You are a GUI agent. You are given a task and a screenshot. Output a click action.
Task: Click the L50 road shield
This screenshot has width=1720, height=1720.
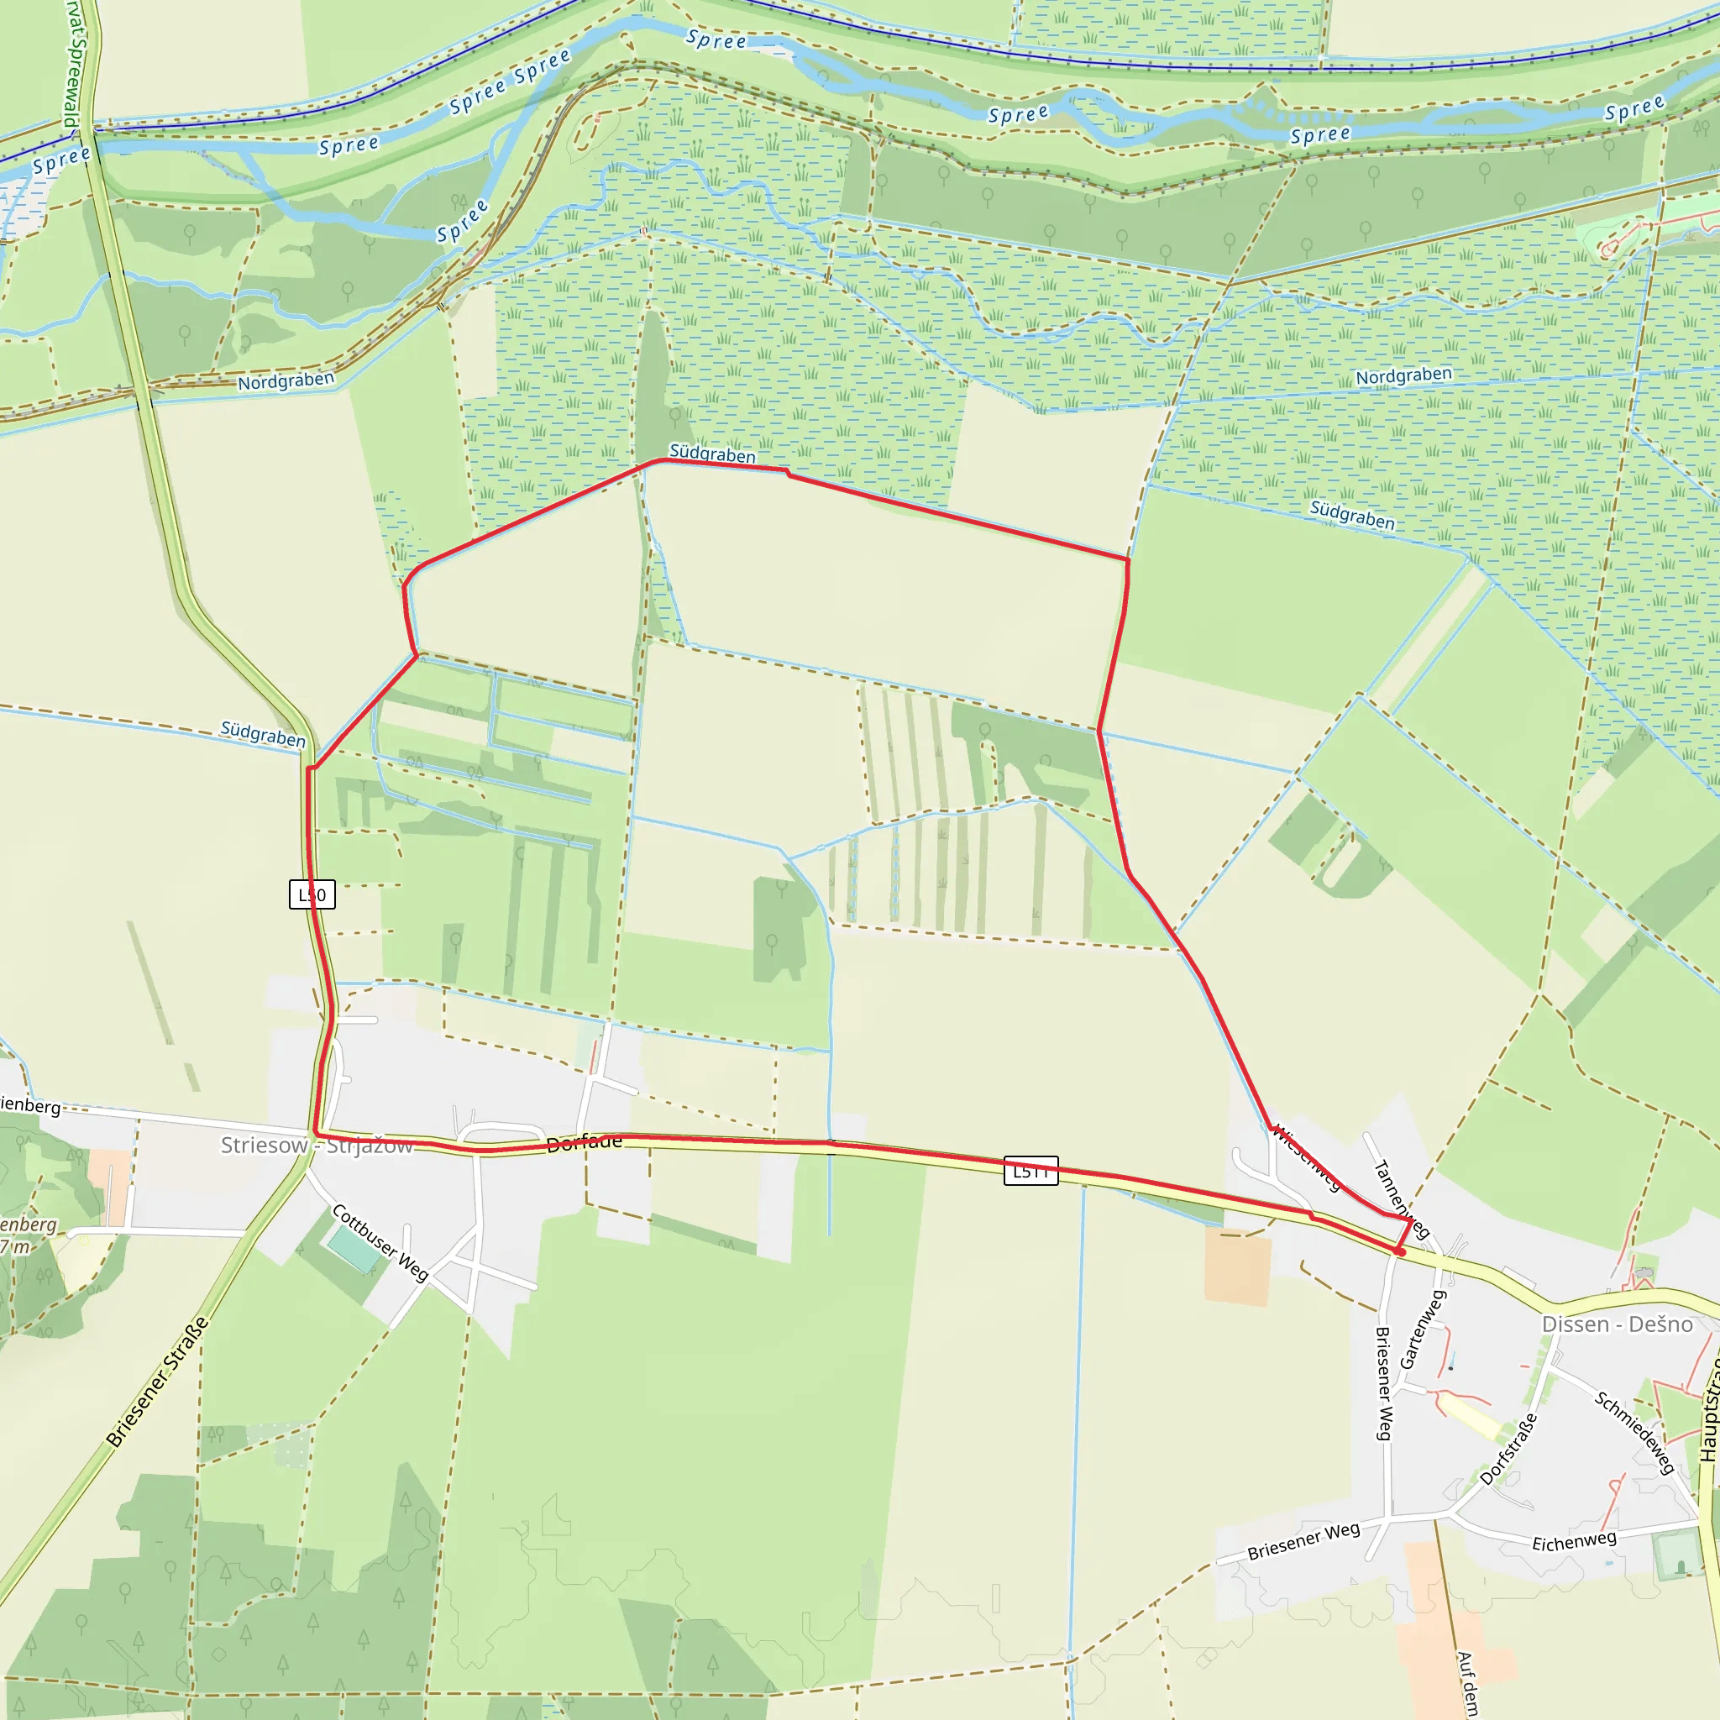(x=312, y=894)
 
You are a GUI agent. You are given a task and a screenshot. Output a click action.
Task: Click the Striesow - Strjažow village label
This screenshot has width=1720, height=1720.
(x=317, y=1145)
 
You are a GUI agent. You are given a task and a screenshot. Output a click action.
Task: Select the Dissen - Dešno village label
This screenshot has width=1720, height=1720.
(x=1617, y=1324)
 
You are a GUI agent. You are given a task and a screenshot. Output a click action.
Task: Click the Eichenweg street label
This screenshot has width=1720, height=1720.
(x=1574, y=1542)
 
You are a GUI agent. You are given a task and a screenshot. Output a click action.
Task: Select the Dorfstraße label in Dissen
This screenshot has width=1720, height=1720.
(x=1508, y=1450)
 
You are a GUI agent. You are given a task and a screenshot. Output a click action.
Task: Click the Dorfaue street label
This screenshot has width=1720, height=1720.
(x=584, y=1143)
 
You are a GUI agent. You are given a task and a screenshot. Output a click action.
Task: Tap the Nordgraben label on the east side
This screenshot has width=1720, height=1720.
(x=1403, y=375)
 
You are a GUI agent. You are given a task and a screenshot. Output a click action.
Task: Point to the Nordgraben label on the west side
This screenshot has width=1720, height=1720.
(x=286, y=381)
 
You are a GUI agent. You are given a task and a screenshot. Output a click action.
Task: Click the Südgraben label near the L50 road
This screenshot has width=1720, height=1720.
(x=263, y=735)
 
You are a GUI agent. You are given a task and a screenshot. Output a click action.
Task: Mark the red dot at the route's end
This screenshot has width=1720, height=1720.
(x=1400, y=1251)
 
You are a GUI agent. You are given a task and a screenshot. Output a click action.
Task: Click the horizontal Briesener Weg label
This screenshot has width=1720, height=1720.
(x=1303, y=1541)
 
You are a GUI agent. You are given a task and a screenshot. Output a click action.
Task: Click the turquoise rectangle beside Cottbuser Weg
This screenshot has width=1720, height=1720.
(x=353, y=1249)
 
